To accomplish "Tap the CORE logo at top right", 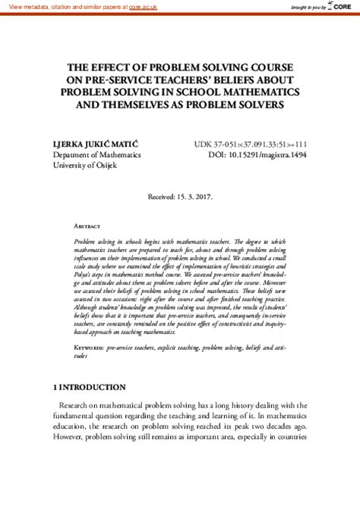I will (x=346, y=6).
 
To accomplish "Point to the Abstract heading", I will (x=87, y=226).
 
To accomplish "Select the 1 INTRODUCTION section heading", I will (x=90, y=408).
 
